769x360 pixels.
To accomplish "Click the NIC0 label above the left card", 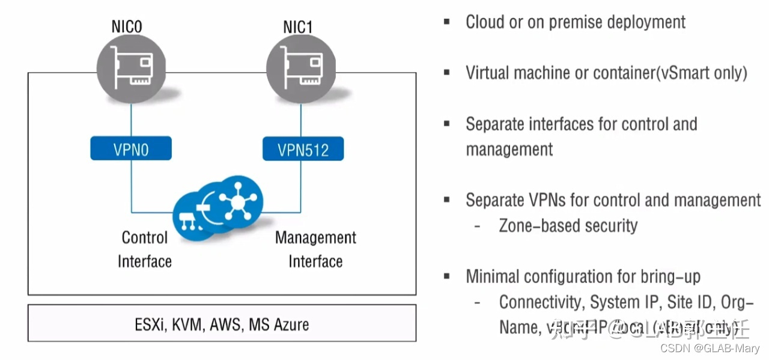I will pos(127,27).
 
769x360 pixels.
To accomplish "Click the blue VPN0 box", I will pos(131,148).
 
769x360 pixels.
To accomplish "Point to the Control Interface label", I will pos(145,249).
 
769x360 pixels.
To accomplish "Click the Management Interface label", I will pos(315,249).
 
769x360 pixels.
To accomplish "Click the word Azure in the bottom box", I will pos(291,325).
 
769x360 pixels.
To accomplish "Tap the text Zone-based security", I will pos(568,225).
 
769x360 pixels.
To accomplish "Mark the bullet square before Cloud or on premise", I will pos(447,22).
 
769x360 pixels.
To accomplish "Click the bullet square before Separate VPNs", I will pos(447,200).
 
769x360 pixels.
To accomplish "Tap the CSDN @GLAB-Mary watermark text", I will pos(710,348).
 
